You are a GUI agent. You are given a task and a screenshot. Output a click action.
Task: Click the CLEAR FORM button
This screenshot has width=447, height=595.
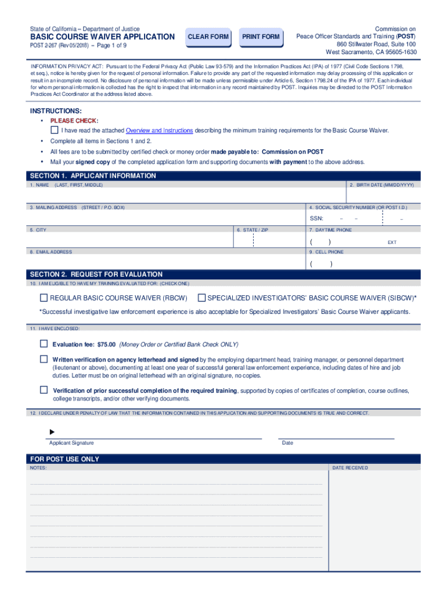[x=208, y=37]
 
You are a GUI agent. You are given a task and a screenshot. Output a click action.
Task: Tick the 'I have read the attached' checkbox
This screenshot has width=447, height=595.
[x=55, y=130]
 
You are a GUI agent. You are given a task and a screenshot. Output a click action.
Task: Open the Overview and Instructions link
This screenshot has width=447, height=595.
[x=159, y=131]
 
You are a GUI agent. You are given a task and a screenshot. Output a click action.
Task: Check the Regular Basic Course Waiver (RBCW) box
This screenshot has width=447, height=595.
[x=44, y=298]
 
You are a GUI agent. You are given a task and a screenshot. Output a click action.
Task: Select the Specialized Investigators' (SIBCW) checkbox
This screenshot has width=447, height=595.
[x=201, y=298]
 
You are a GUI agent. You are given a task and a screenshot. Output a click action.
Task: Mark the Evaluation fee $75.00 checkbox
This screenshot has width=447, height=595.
[x=44, y=344]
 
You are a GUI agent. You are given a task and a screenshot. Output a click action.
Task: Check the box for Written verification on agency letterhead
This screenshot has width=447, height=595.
[x=44, y=360]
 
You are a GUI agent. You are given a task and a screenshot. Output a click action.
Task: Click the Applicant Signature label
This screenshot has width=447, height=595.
[x=71, y=443]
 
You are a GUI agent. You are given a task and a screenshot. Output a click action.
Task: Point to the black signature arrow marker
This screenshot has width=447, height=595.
[x=52, y=432]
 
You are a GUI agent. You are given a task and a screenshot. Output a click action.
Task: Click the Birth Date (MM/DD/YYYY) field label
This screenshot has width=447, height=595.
[x=381, y=185]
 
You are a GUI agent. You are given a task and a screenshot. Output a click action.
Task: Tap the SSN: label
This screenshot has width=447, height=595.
[x=316, y=218]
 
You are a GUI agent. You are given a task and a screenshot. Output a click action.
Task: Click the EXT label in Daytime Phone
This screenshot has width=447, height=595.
[x=392, y=242]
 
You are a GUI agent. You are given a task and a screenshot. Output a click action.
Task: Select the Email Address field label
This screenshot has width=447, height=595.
[x=51, y=252]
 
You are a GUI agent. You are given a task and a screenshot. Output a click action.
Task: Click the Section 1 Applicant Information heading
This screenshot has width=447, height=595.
[x=93, y=175]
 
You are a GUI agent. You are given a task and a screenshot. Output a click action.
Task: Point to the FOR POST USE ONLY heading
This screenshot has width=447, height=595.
[x=64, y=459]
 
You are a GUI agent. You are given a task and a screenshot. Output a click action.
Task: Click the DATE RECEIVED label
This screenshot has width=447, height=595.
[x=349, y=468]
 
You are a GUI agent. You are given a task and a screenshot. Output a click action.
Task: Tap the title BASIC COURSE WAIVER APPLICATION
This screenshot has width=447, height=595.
[x=102, y=37]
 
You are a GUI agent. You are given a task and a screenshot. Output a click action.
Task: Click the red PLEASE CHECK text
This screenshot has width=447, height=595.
[x=74, y=121]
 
